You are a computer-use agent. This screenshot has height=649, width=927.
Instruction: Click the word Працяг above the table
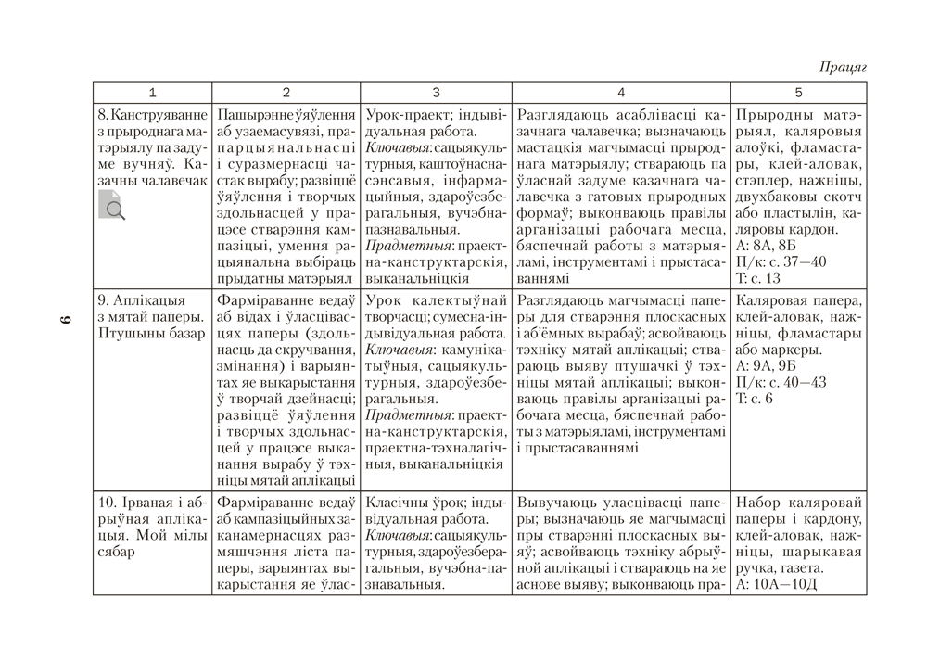point(843,68)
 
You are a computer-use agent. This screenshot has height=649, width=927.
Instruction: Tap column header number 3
point(436,93)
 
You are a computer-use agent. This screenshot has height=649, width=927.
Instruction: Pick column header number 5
point(798,93)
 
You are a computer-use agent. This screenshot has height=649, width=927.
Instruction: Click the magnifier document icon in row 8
point(111,204)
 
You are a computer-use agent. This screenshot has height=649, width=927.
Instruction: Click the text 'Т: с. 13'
point(758,277)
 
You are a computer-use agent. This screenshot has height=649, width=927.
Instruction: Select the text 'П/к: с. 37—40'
point(780,261)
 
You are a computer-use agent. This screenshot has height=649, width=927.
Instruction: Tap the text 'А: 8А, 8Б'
point(766,246)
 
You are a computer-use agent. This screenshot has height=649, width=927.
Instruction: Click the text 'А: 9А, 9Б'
point(766,365)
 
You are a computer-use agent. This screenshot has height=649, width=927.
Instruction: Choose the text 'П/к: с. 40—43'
point(780,381)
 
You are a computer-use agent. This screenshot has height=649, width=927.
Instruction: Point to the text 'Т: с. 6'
point(755,398)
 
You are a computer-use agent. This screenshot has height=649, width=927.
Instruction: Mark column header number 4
point(621,93)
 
